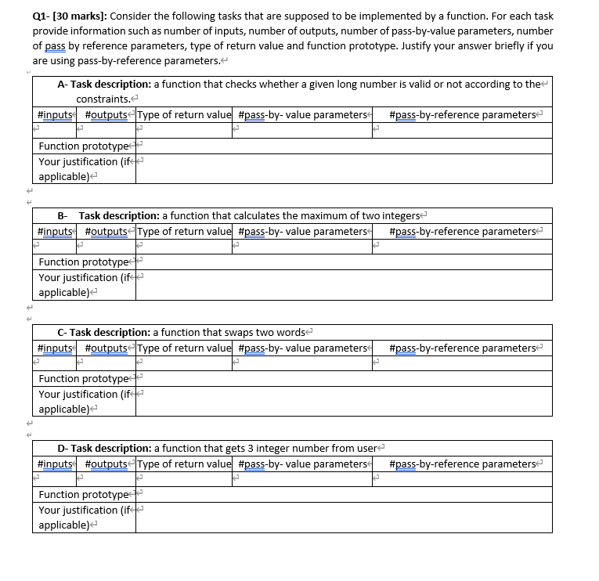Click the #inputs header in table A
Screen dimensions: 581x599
tap(56, 115)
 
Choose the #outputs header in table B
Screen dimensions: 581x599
tap(107, 231)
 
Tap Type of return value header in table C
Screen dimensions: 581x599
tap(184, 348)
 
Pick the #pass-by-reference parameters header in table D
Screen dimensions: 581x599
tap(462, 464)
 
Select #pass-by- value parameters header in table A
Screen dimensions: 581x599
tap(301, 115)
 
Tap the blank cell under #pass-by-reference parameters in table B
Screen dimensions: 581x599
tap(462, 247)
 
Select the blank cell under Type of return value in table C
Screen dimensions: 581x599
tap(184, 363)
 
